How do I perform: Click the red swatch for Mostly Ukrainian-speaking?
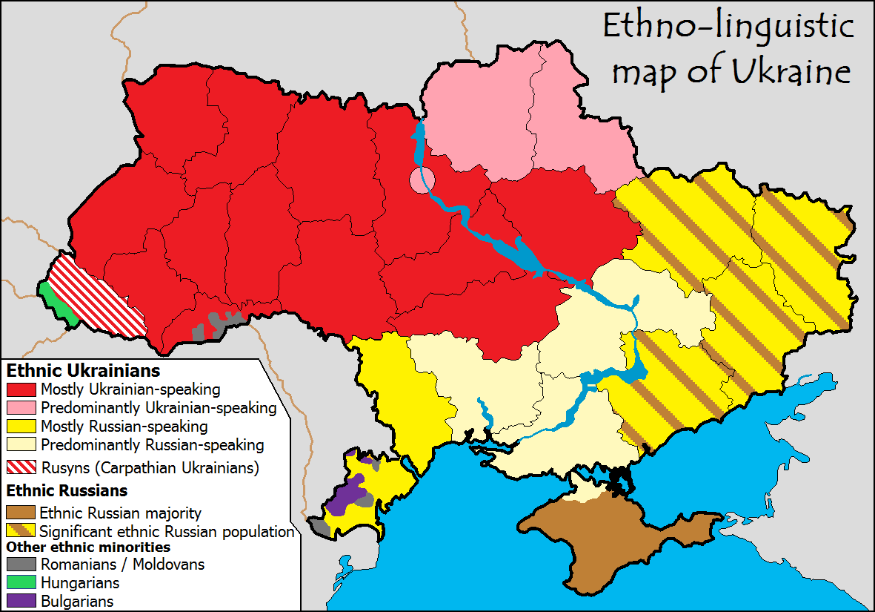21,389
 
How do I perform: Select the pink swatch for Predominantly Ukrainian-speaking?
21,408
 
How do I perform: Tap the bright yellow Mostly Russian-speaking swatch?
21,427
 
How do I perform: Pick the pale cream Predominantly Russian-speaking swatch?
21,445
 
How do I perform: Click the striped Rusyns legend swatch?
21,468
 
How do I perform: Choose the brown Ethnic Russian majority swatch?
21,513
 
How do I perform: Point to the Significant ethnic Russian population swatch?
21,531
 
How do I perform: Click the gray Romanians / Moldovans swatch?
21,565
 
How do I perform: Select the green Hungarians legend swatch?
21,583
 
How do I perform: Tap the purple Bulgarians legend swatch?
21,601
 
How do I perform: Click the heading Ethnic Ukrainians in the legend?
83,369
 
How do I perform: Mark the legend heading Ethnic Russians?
67,491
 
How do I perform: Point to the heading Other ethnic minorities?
88,547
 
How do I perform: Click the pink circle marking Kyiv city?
421,180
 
